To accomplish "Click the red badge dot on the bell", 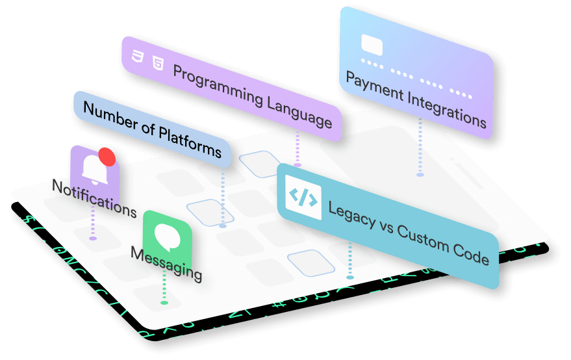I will point(107,157).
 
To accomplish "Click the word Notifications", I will point(94,198).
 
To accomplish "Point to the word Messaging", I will point(166,261).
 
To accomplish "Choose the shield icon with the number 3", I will point(137,56).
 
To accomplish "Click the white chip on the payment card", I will point(372,45).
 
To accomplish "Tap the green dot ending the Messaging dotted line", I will point(164,302).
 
